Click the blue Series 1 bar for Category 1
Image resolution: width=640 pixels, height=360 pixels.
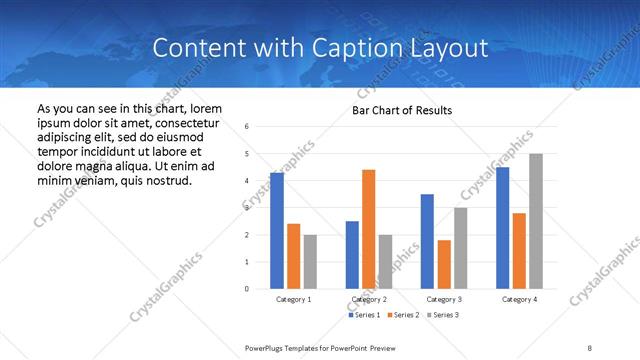click(276, 231)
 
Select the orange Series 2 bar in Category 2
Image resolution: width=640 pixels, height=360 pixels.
click(368, 229)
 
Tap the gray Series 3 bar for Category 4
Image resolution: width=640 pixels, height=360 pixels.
click(536, 221)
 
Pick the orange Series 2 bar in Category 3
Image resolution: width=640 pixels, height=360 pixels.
click(444, 264)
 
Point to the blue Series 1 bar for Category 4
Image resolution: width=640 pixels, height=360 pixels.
click(502, 228)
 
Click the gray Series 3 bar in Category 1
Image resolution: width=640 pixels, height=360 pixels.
click(310, 262)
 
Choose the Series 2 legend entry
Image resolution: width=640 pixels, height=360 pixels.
click(403, 315)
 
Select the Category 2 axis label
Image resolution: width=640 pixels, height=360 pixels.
click(369, 300)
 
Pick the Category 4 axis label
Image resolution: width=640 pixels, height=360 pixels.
click(520, 300)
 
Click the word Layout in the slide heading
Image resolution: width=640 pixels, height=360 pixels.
click(454, 48)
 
